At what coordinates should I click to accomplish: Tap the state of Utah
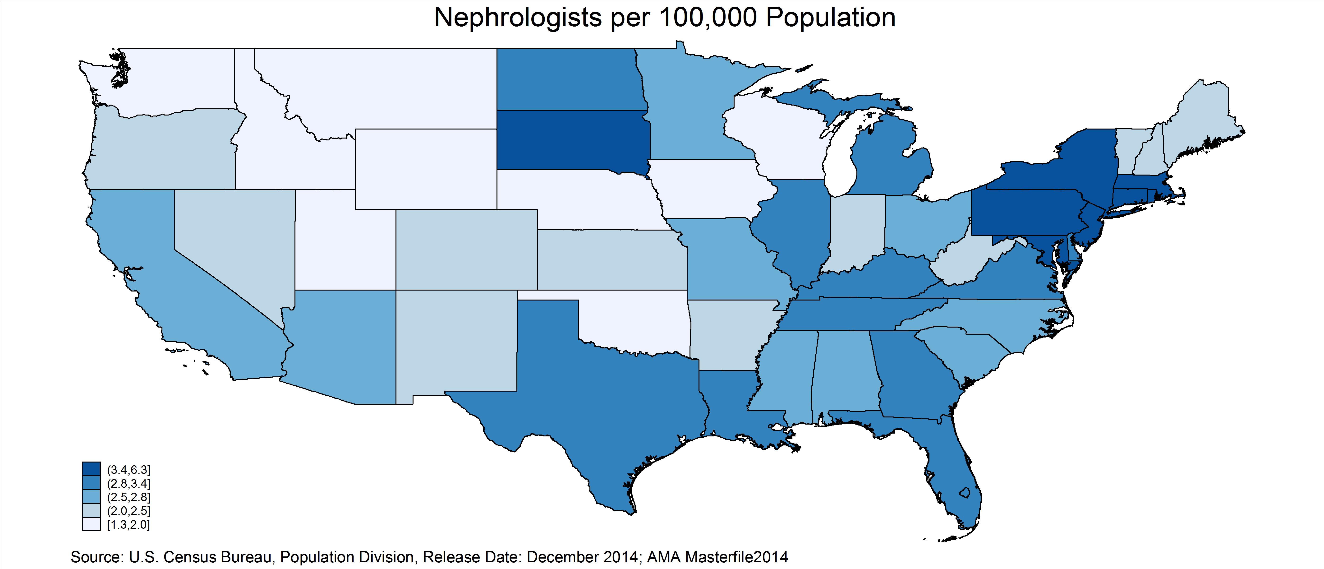344,247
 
